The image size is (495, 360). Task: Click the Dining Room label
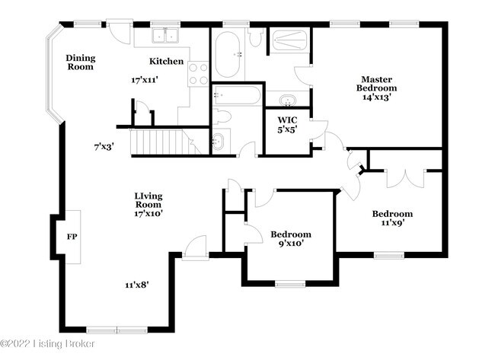(x=79, y=62)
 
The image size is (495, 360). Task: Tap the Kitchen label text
(x=166, y=62)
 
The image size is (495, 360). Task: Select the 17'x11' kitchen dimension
(x=144, y=79)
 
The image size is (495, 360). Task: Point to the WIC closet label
(x=286, y=119)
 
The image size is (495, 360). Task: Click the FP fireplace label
(x=72, y=237)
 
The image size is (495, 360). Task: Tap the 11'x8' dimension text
(x=137, y=285)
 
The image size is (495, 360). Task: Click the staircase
(x=161, y=142)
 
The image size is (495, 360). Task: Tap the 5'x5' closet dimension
(x=286, y=129)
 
